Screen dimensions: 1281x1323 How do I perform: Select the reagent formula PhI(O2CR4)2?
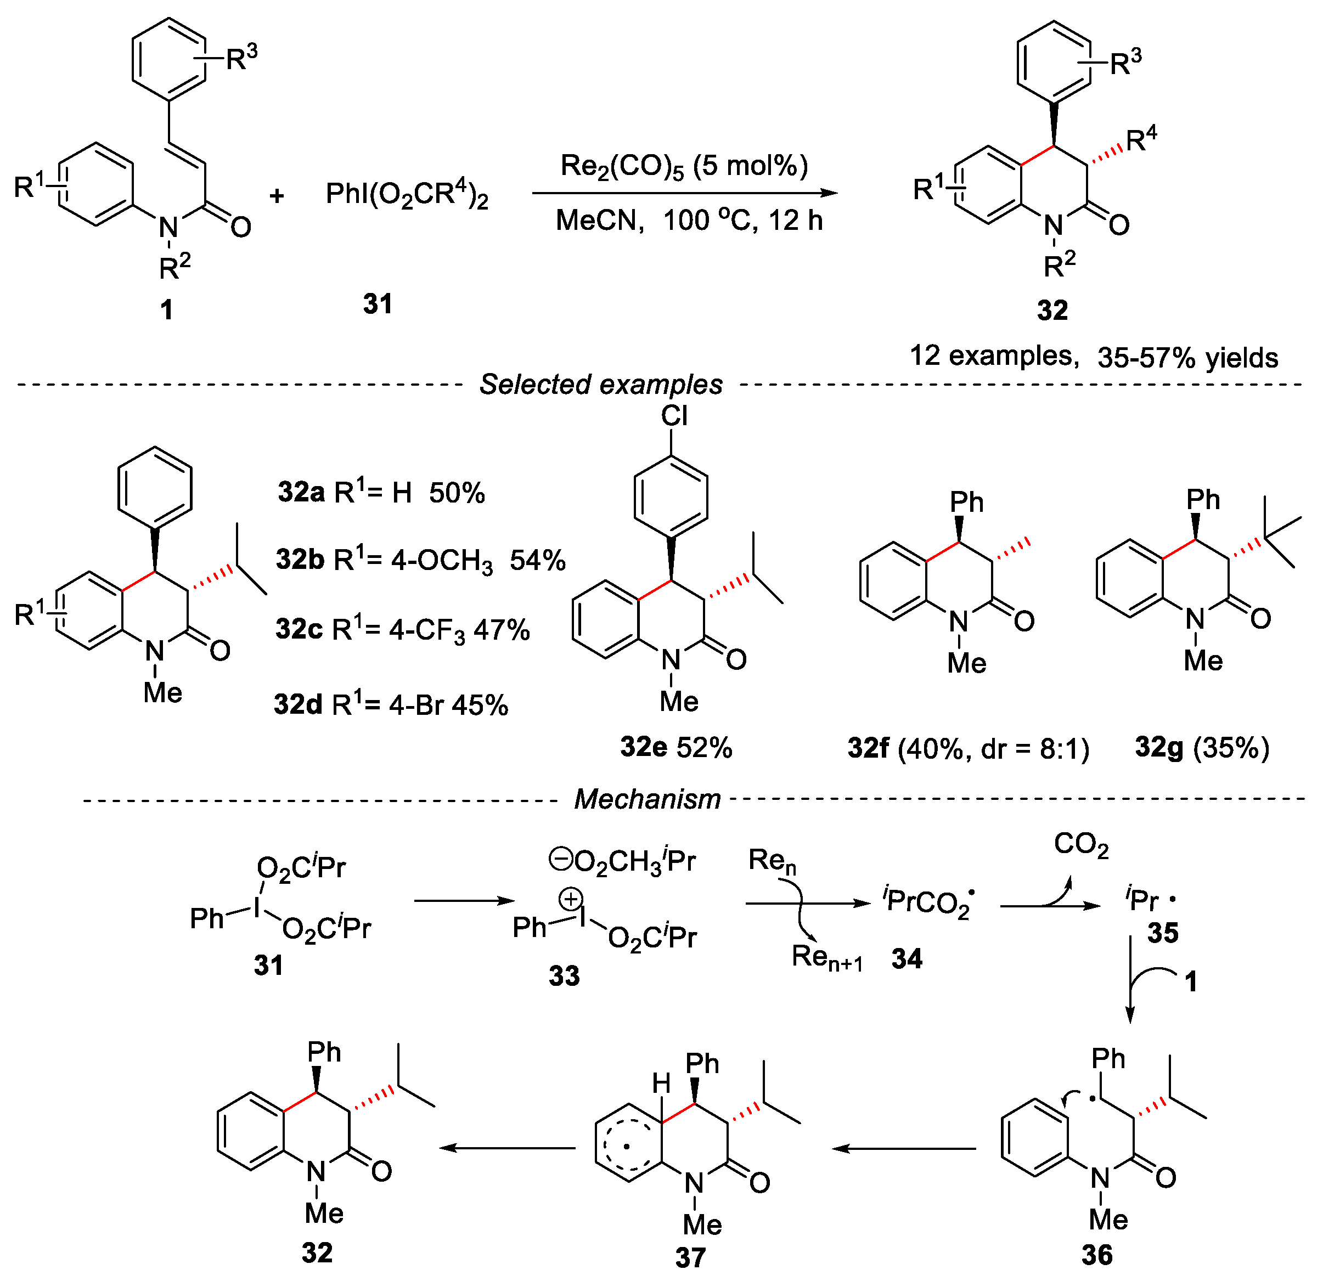(407, 195)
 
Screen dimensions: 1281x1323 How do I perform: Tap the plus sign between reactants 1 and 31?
(277, 196)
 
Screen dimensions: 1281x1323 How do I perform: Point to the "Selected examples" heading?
(601, 385)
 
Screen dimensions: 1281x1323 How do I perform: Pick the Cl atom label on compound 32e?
(674, 416)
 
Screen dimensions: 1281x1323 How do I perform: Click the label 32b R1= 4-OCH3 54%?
(420, 560)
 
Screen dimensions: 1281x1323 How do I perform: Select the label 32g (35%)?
(1202, 748)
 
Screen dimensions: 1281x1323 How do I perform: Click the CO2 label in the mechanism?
(1082, 845)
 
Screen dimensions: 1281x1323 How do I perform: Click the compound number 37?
(690, 1257)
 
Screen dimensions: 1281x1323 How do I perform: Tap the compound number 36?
(1097, 1255)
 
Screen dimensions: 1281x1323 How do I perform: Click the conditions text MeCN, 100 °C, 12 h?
(689, 221)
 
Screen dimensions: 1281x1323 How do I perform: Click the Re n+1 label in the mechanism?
(827, 957)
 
